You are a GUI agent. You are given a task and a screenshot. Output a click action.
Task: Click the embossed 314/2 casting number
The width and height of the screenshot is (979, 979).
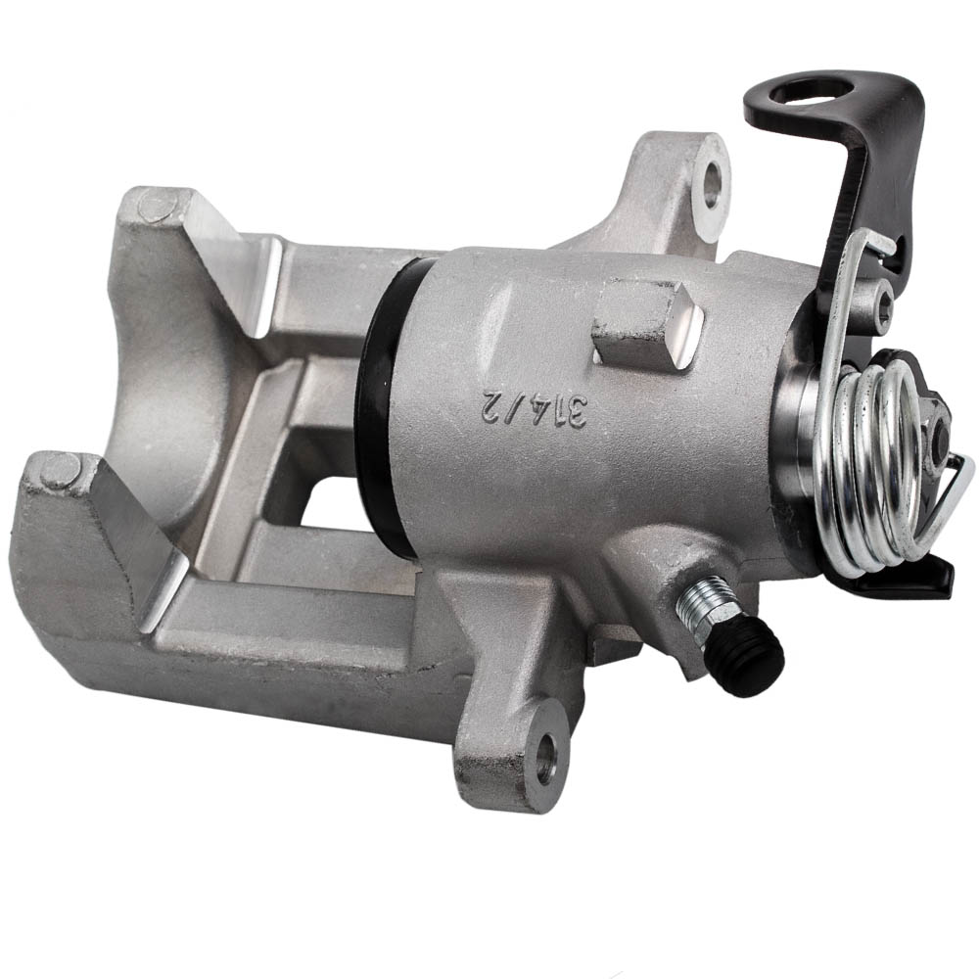point(535,409)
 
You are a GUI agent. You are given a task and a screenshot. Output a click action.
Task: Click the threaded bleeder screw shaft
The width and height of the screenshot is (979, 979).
point(701,602)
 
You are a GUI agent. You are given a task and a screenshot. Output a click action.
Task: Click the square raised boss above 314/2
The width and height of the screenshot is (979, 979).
point(647,325)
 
